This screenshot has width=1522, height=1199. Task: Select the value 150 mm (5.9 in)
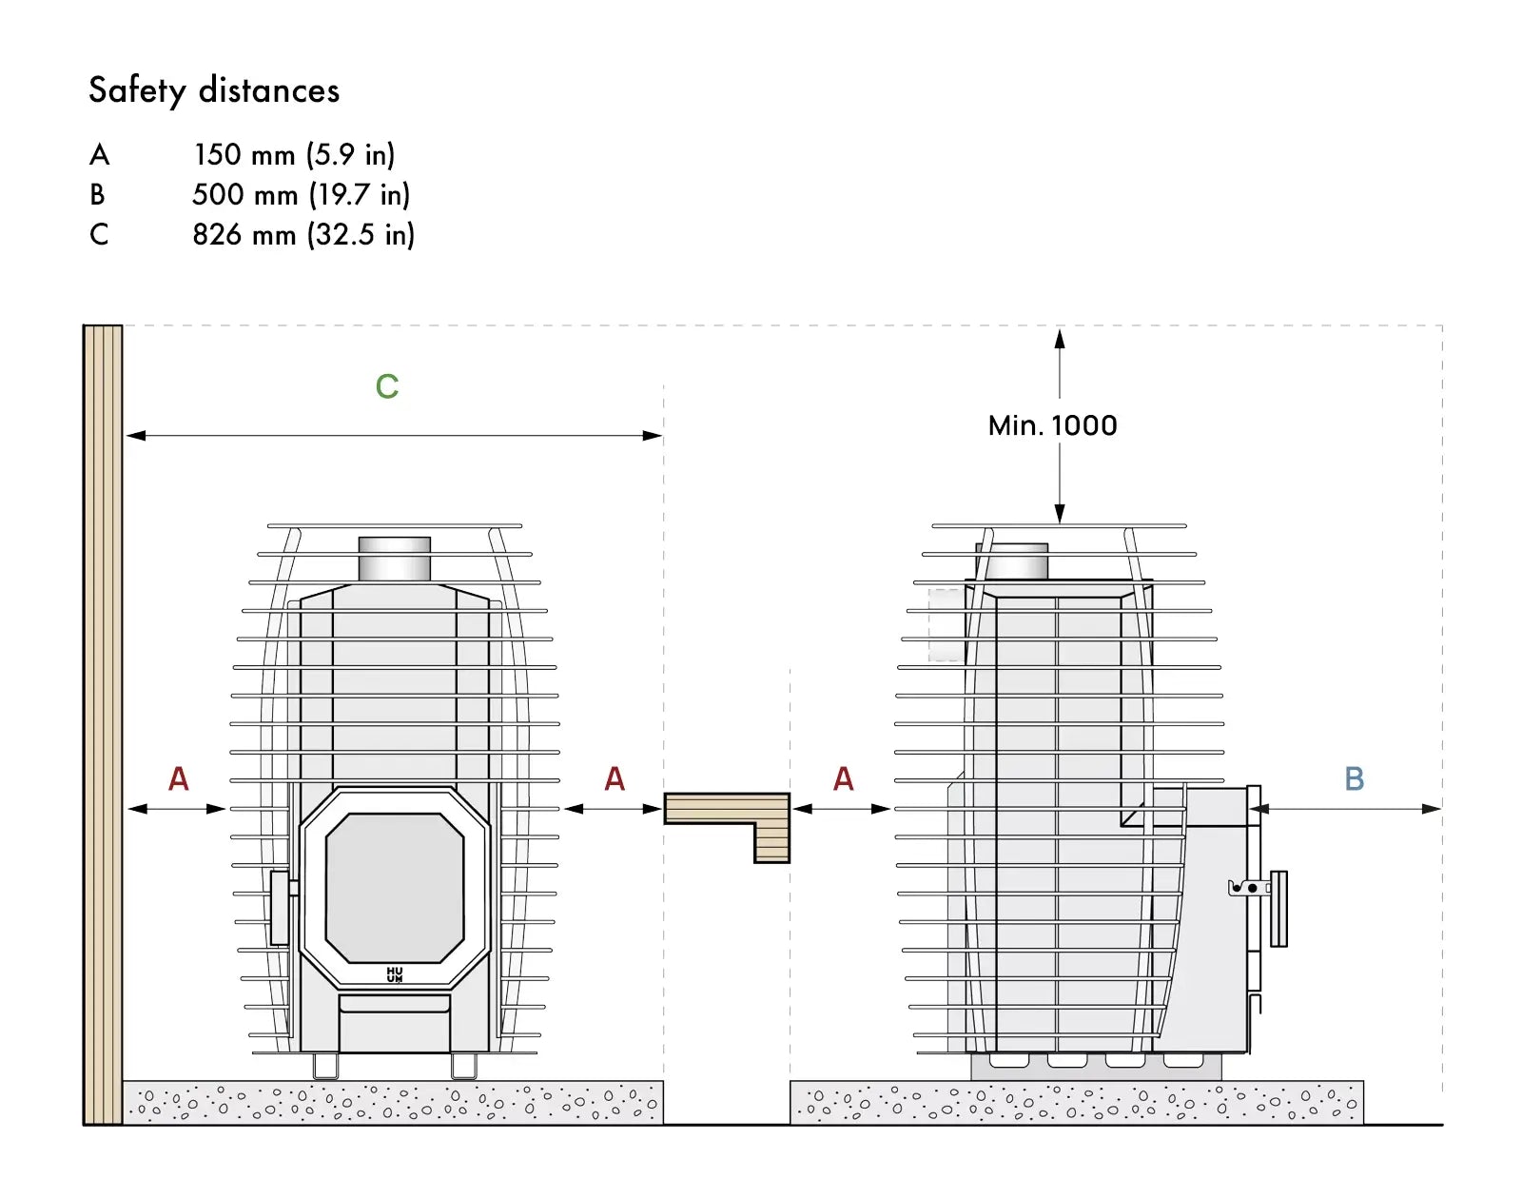(x=294, y=154)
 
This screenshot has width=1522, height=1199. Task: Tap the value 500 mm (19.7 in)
(x=302, y=195)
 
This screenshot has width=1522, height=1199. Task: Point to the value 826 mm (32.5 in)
(x=303, y=234)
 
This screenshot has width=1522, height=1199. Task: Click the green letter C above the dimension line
(x=387, y=386)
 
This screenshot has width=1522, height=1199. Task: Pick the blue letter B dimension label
(x=1354, y=778)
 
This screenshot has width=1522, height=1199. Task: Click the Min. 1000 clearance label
(x=1052, y=425)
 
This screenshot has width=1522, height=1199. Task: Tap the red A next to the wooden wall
(x=178, y=778)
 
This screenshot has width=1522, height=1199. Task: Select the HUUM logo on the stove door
(x=395, y=973)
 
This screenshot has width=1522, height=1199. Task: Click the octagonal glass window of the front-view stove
(x=395, y=888)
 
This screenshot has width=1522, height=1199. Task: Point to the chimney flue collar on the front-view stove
(x=394, y=560)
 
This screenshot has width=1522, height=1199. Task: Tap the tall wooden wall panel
(x=104, y=725)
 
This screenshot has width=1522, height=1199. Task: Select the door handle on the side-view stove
(x=1278, y=909)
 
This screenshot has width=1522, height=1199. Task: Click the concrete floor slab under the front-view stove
(x=393, y=1102)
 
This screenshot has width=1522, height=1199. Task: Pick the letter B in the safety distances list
(x=98, y=195)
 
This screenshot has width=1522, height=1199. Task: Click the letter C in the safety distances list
(x=99, y=234)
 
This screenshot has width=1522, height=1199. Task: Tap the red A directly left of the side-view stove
(x=843, y=778)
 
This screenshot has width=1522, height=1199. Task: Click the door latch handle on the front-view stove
(x=280, y=908)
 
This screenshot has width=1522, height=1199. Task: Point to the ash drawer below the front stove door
(x=394, y=1023)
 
